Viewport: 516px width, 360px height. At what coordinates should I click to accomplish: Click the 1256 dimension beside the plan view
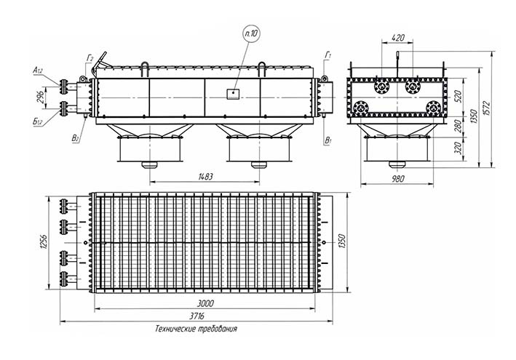click(44, 240)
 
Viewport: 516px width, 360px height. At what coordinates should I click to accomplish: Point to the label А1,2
click(38, 70)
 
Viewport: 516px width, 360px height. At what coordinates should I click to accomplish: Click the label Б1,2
click(38, 121)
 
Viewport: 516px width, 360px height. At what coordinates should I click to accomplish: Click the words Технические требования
click(196, 329)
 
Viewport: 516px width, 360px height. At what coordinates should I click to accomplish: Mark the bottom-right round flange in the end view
click(434, 107)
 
